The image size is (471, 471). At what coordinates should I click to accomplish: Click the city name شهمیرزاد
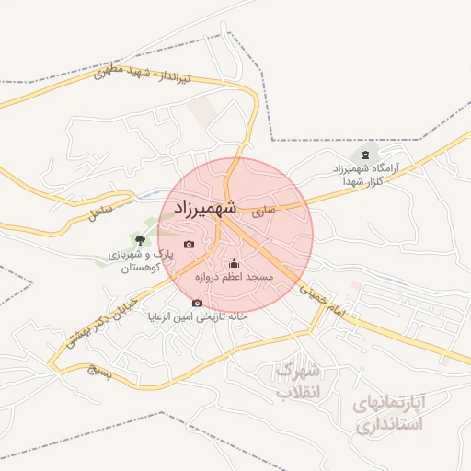click(x=202, y=209)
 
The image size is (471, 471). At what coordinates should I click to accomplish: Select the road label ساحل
click(x=99, y=213)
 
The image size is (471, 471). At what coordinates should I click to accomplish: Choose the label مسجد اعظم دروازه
click(x=233, y=277)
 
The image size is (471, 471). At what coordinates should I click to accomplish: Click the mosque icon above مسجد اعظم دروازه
click(x=233, y=264)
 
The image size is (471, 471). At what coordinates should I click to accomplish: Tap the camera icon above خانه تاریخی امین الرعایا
click(x=197, y=303)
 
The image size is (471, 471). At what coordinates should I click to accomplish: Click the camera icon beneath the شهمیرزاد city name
click(x=189, y=244)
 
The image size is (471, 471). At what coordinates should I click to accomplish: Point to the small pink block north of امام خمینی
click(x=355, y=286)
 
